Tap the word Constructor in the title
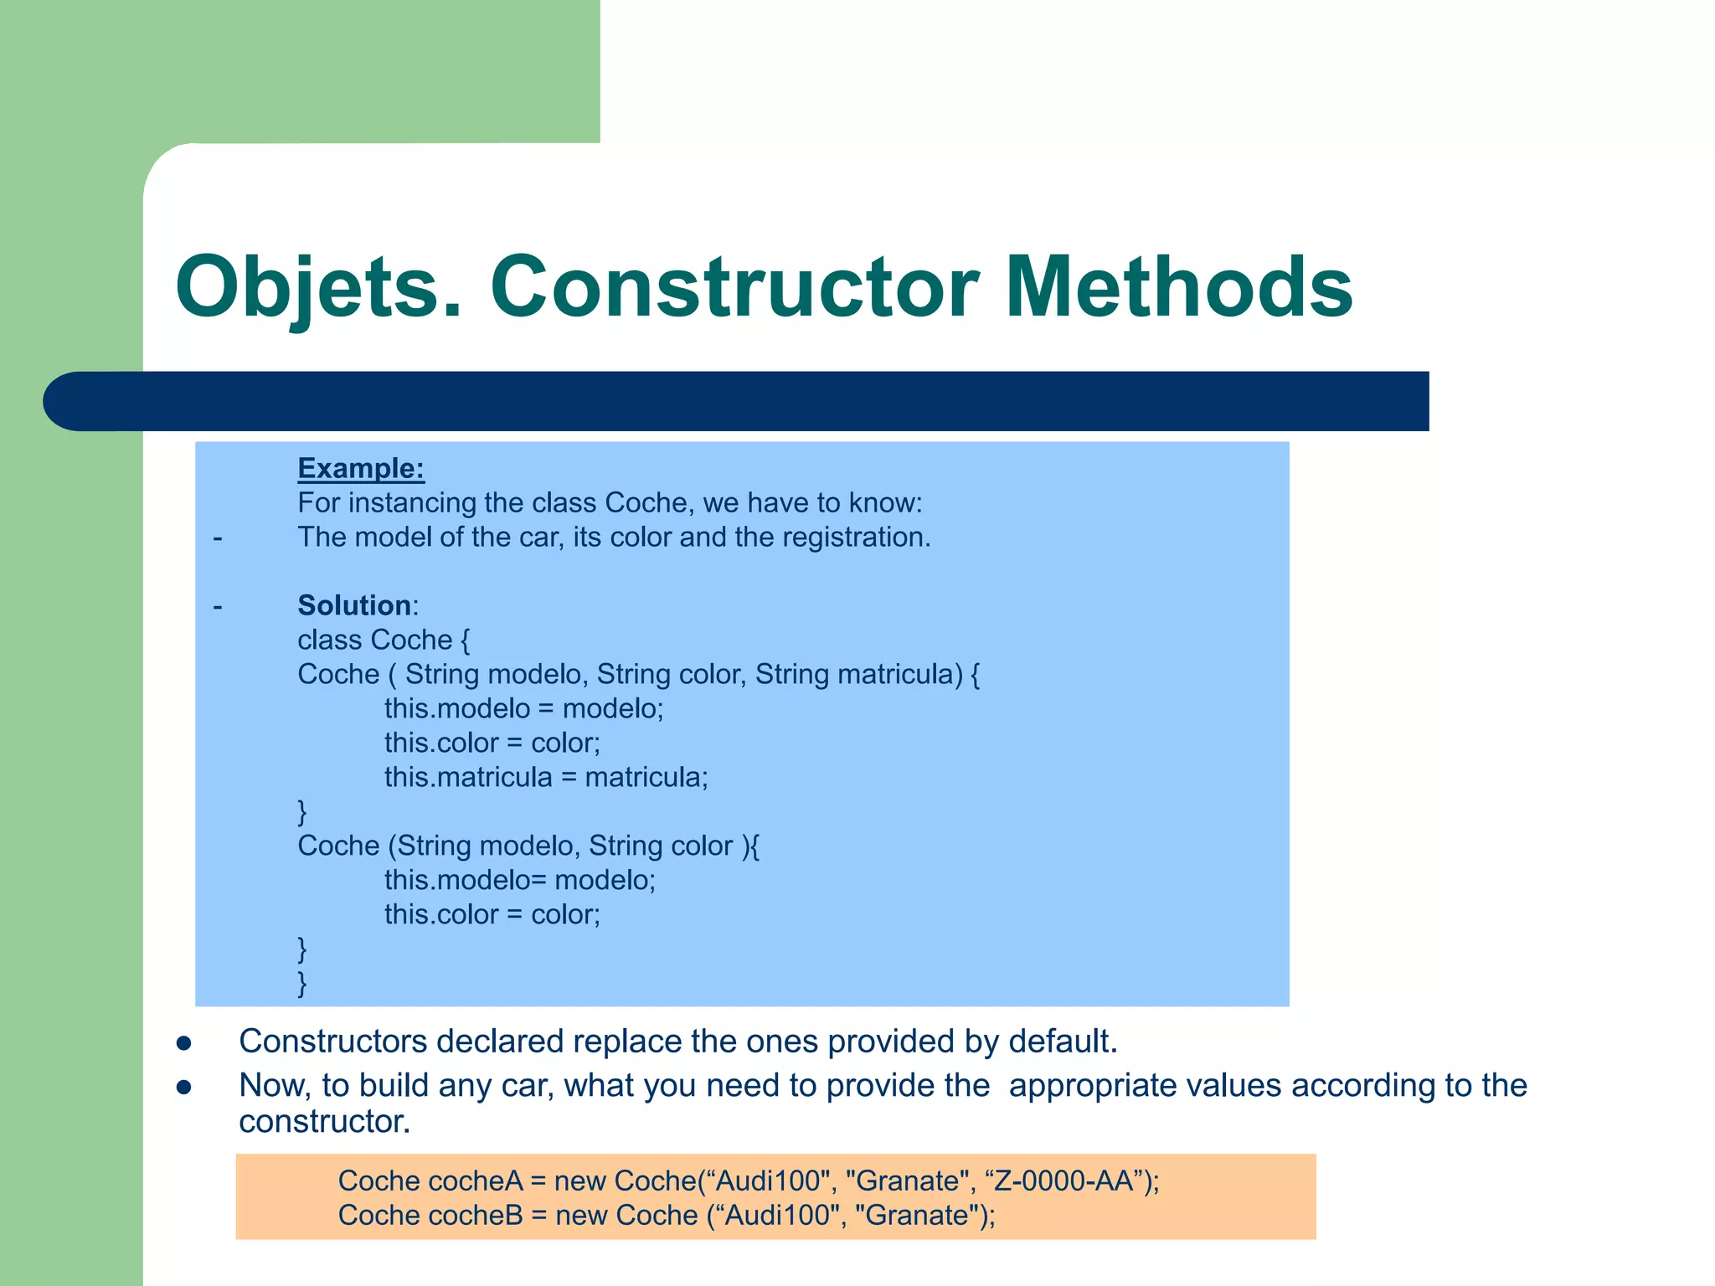[734, 287]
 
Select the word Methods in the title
[1178, 287]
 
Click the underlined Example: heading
[361, 468]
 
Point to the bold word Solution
[354, 605]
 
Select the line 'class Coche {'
[384, 640]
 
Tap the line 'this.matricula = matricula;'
[546, 777]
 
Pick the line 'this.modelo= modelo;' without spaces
[520, 880]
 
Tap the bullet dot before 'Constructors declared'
[184, 1043]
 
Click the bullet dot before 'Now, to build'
[184, 1087]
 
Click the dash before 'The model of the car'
[218, 538]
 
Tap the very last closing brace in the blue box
[302, 982]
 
